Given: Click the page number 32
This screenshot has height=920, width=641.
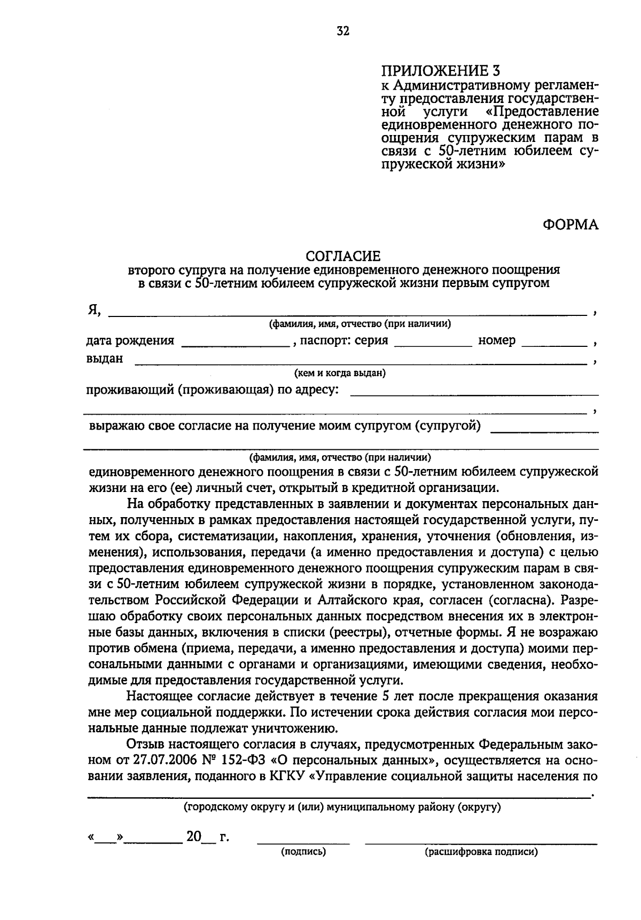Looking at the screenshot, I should (343, 31).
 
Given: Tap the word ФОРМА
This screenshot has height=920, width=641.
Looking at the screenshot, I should (570, 225).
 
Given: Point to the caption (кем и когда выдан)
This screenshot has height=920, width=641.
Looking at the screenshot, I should (340, 374).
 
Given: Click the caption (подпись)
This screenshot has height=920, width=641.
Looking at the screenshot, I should (303, 852).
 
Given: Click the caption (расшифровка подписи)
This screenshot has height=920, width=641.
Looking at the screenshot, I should (481, 852).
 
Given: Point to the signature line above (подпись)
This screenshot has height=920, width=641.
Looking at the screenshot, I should (303, 843).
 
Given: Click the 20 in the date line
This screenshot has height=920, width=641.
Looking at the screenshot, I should (193, 837).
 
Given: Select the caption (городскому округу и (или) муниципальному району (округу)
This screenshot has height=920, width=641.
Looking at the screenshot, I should (342, 807).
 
